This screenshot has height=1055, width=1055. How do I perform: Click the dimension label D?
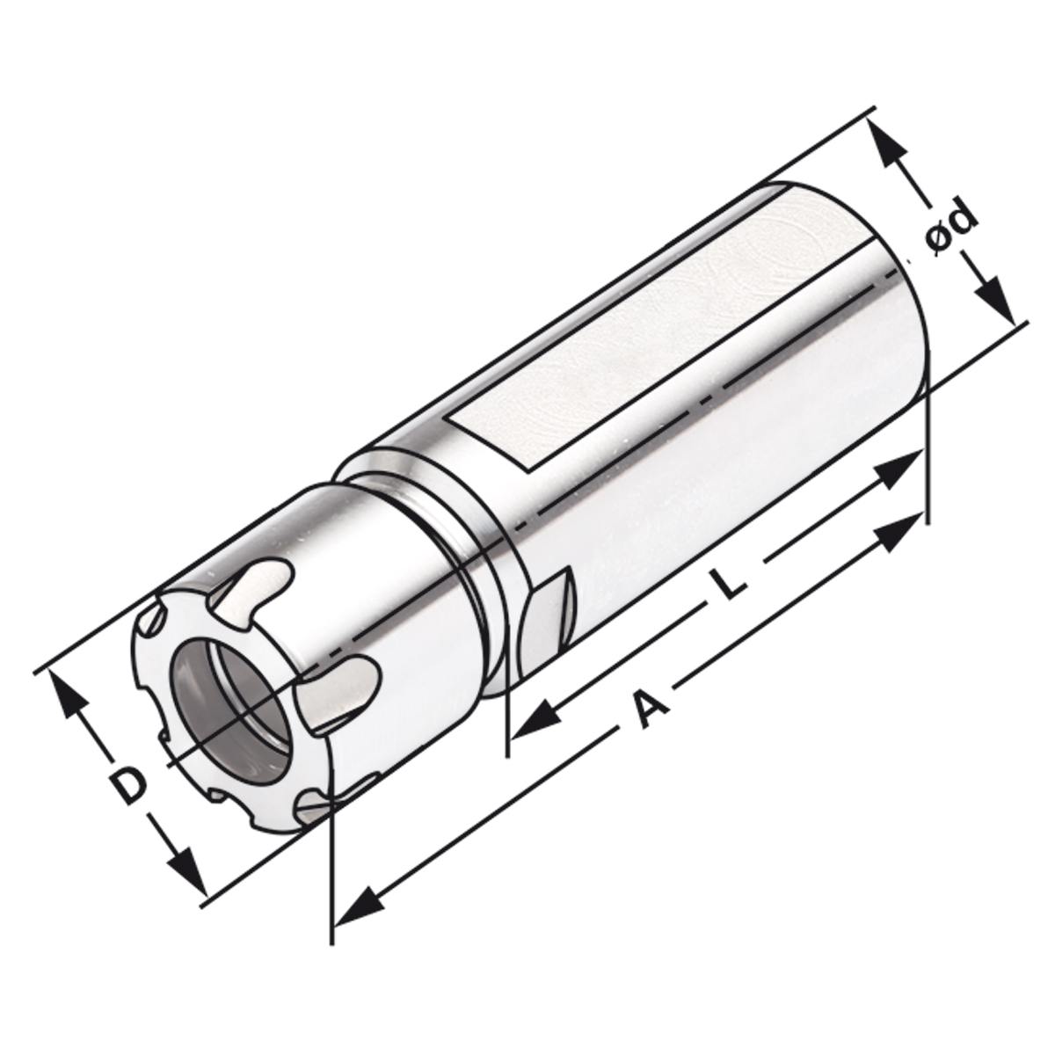[129, 785]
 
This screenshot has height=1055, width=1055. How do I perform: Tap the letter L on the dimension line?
[728, 583]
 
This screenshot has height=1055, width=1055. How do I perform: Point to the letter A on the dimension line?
[646, 709]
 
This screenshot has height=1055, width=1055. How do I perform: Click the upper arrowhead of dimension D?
[67, 695]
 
